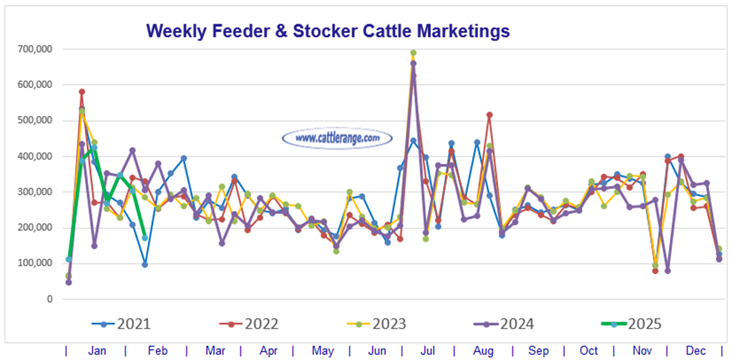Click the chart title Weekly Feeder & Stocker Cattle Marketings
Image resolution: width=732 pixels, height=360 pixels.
coord(328,31)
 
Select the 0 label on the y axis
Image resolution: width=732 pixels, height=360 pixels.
coord(49,298)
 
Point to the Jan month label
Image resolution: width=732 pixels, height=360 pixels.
coord(97,351)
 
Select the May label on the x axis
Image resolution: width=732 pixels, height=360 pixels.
coord(321,351)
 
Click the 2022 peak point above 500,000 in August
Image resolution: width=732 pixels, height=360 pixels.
coord(489,115)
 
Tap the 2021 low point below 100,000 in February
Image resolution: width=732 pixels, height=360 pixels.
coord(145,264)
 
